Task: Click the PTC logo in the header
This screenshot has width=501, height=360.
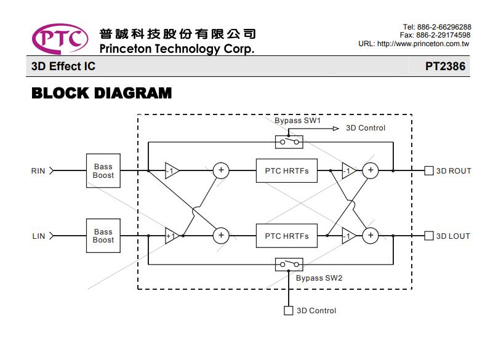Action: (x=60, y=39)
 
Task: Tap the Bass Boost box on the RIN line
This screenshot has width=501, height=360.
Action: (x=103, y=170)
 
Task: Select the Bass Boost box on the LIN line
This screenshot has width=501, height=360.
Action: (x=103, y=236)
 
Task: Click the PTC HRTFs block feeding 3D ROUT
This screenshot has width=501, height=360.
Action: (x=287, y=170)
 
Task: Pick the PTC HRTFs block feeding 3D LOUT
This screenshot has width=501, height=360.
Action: (x=287, y=236)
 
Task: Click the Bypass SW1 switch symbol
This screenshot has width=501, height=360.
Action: (x=289, y=142)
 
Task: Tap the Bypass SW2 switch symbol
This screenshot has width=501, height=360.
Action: (x=289, y=265)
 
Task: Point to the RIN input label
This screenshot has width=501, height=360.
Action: (x=38, y=171)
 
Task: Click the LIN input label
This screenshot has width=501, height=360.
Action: (x=39, y=236)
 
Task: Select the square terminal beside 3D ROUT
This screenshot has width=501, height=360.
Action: (x=429, y=170)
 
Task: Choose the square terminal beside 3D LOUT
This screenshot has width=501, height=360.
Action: (x=429, y=236)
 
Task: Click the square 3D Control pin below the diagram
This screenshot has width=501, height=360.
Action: (x=289, y=311)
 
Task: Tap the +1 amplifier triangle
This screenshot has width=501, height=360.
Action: (x=172, y=236)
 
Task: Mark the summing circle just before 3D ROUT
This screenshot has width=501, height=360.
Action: (x=371, y=170)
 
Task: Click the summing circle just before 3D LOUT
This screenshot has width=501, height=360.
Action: (x=371, y=236)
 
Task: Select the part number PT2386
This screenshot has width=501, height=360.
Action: (x=445, y=66)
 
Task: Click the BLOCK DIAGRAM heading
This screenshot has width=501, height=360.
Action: (x=102, y=94)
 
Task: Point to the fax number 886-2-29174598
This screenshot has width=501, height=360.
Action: (x=443, y=35)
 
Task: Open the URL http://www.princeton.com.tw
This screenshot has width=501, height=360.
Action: (x=423, y=44)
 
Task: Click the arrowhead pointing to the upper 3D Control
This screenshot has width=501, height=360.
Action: (x=336, y=129)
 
